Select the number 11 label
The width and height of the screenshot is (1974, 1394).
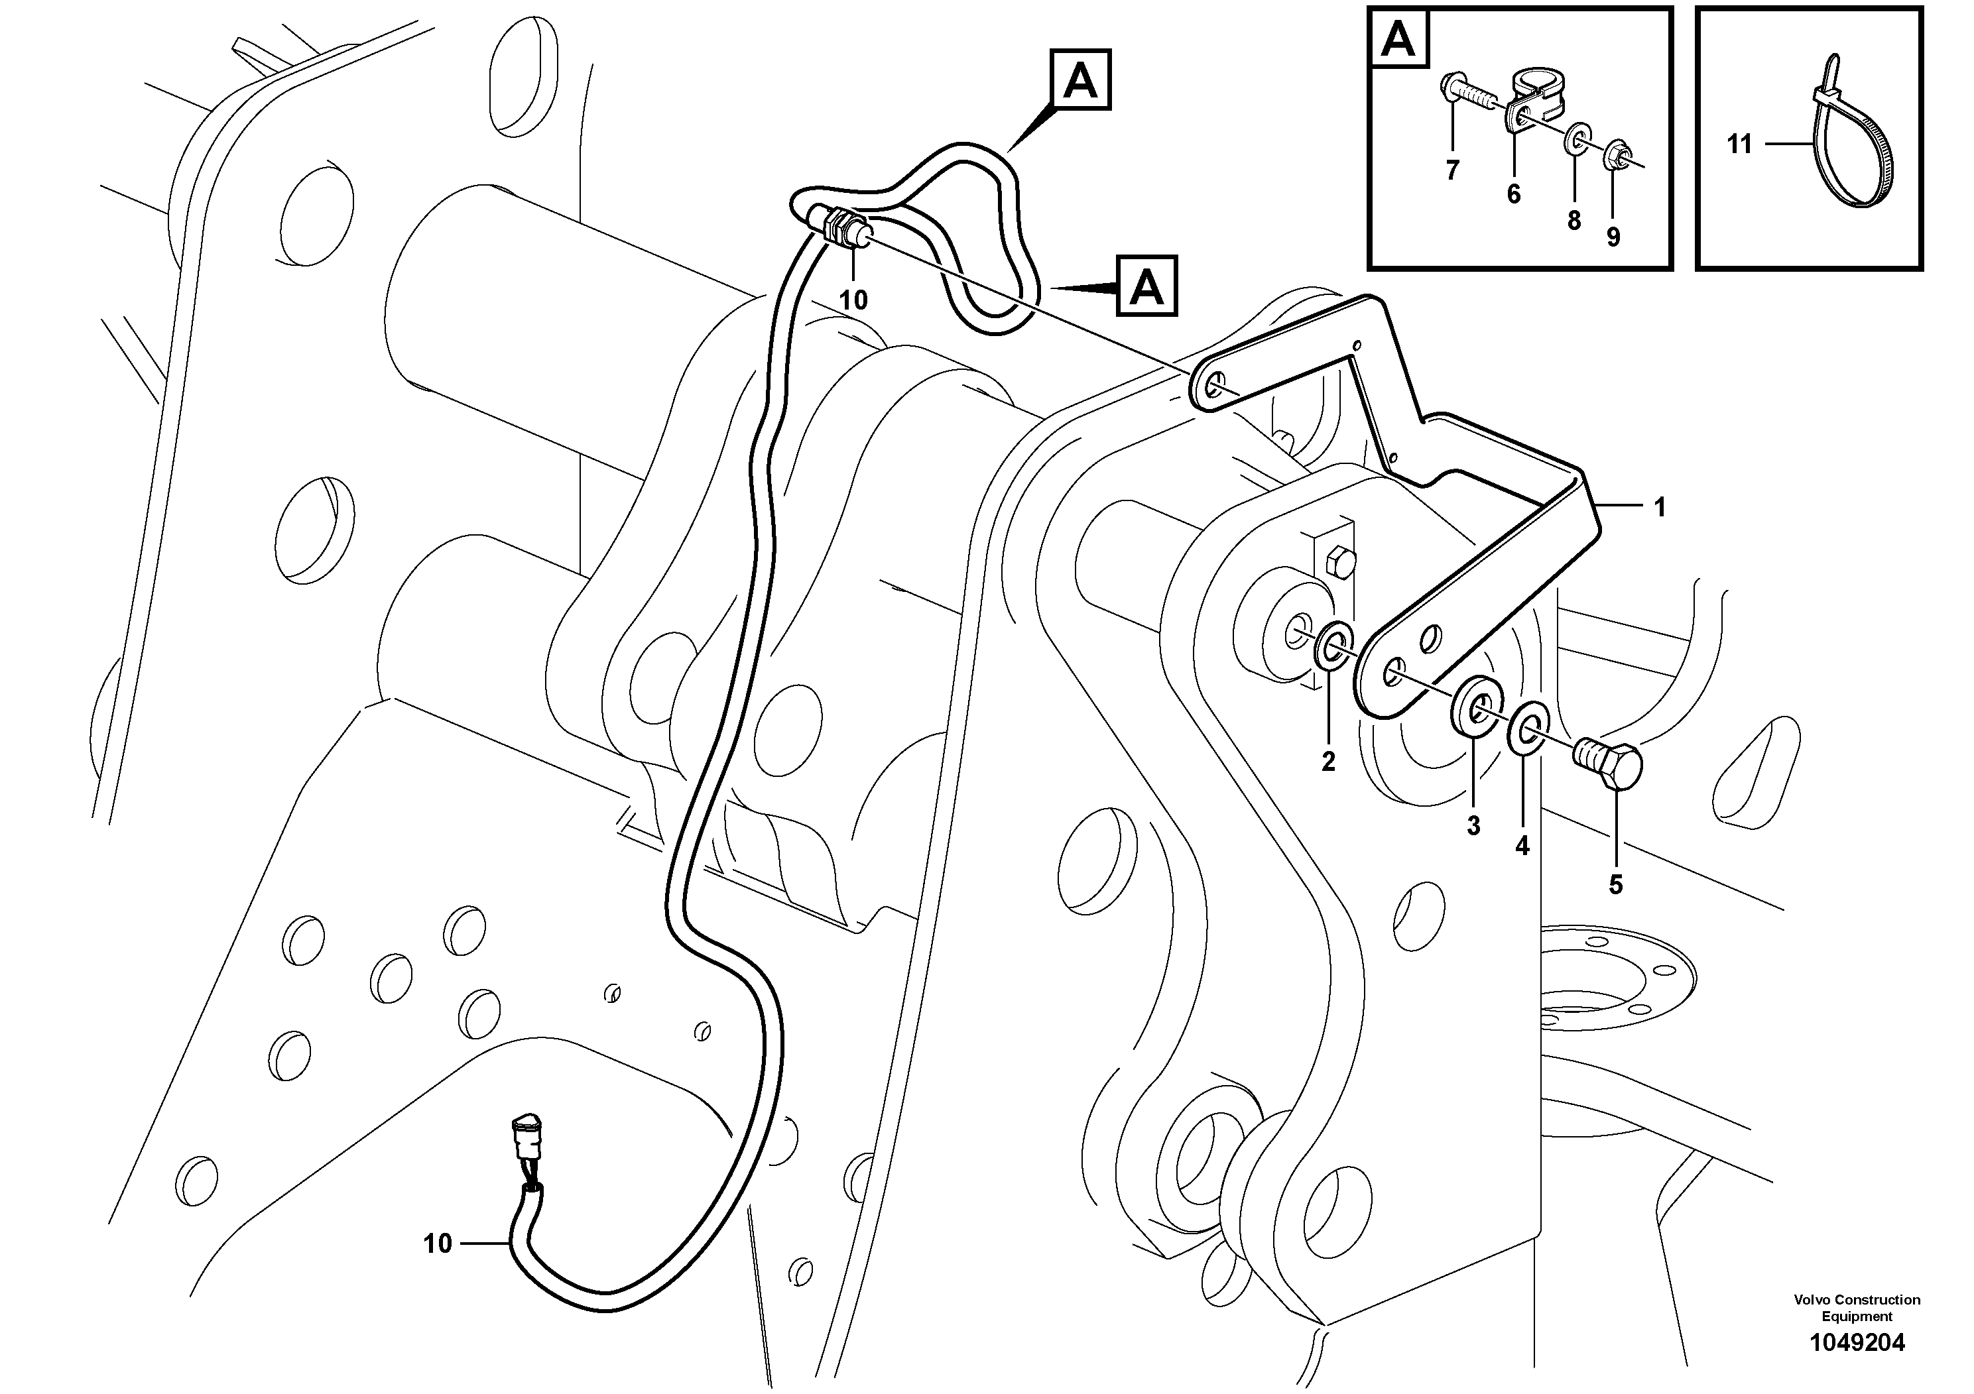click(1739, 145)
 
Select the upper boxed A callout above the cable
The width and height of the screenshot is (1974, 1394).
click(1081, 81)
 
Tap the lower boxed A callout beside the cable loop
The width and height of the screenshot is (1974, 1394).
click(1147, 286)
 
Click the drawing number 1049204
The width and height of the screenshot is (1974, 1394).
click(1857, 1367)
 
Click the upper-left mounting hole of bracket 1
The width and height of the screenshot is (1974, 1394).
click(1214, 386)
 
